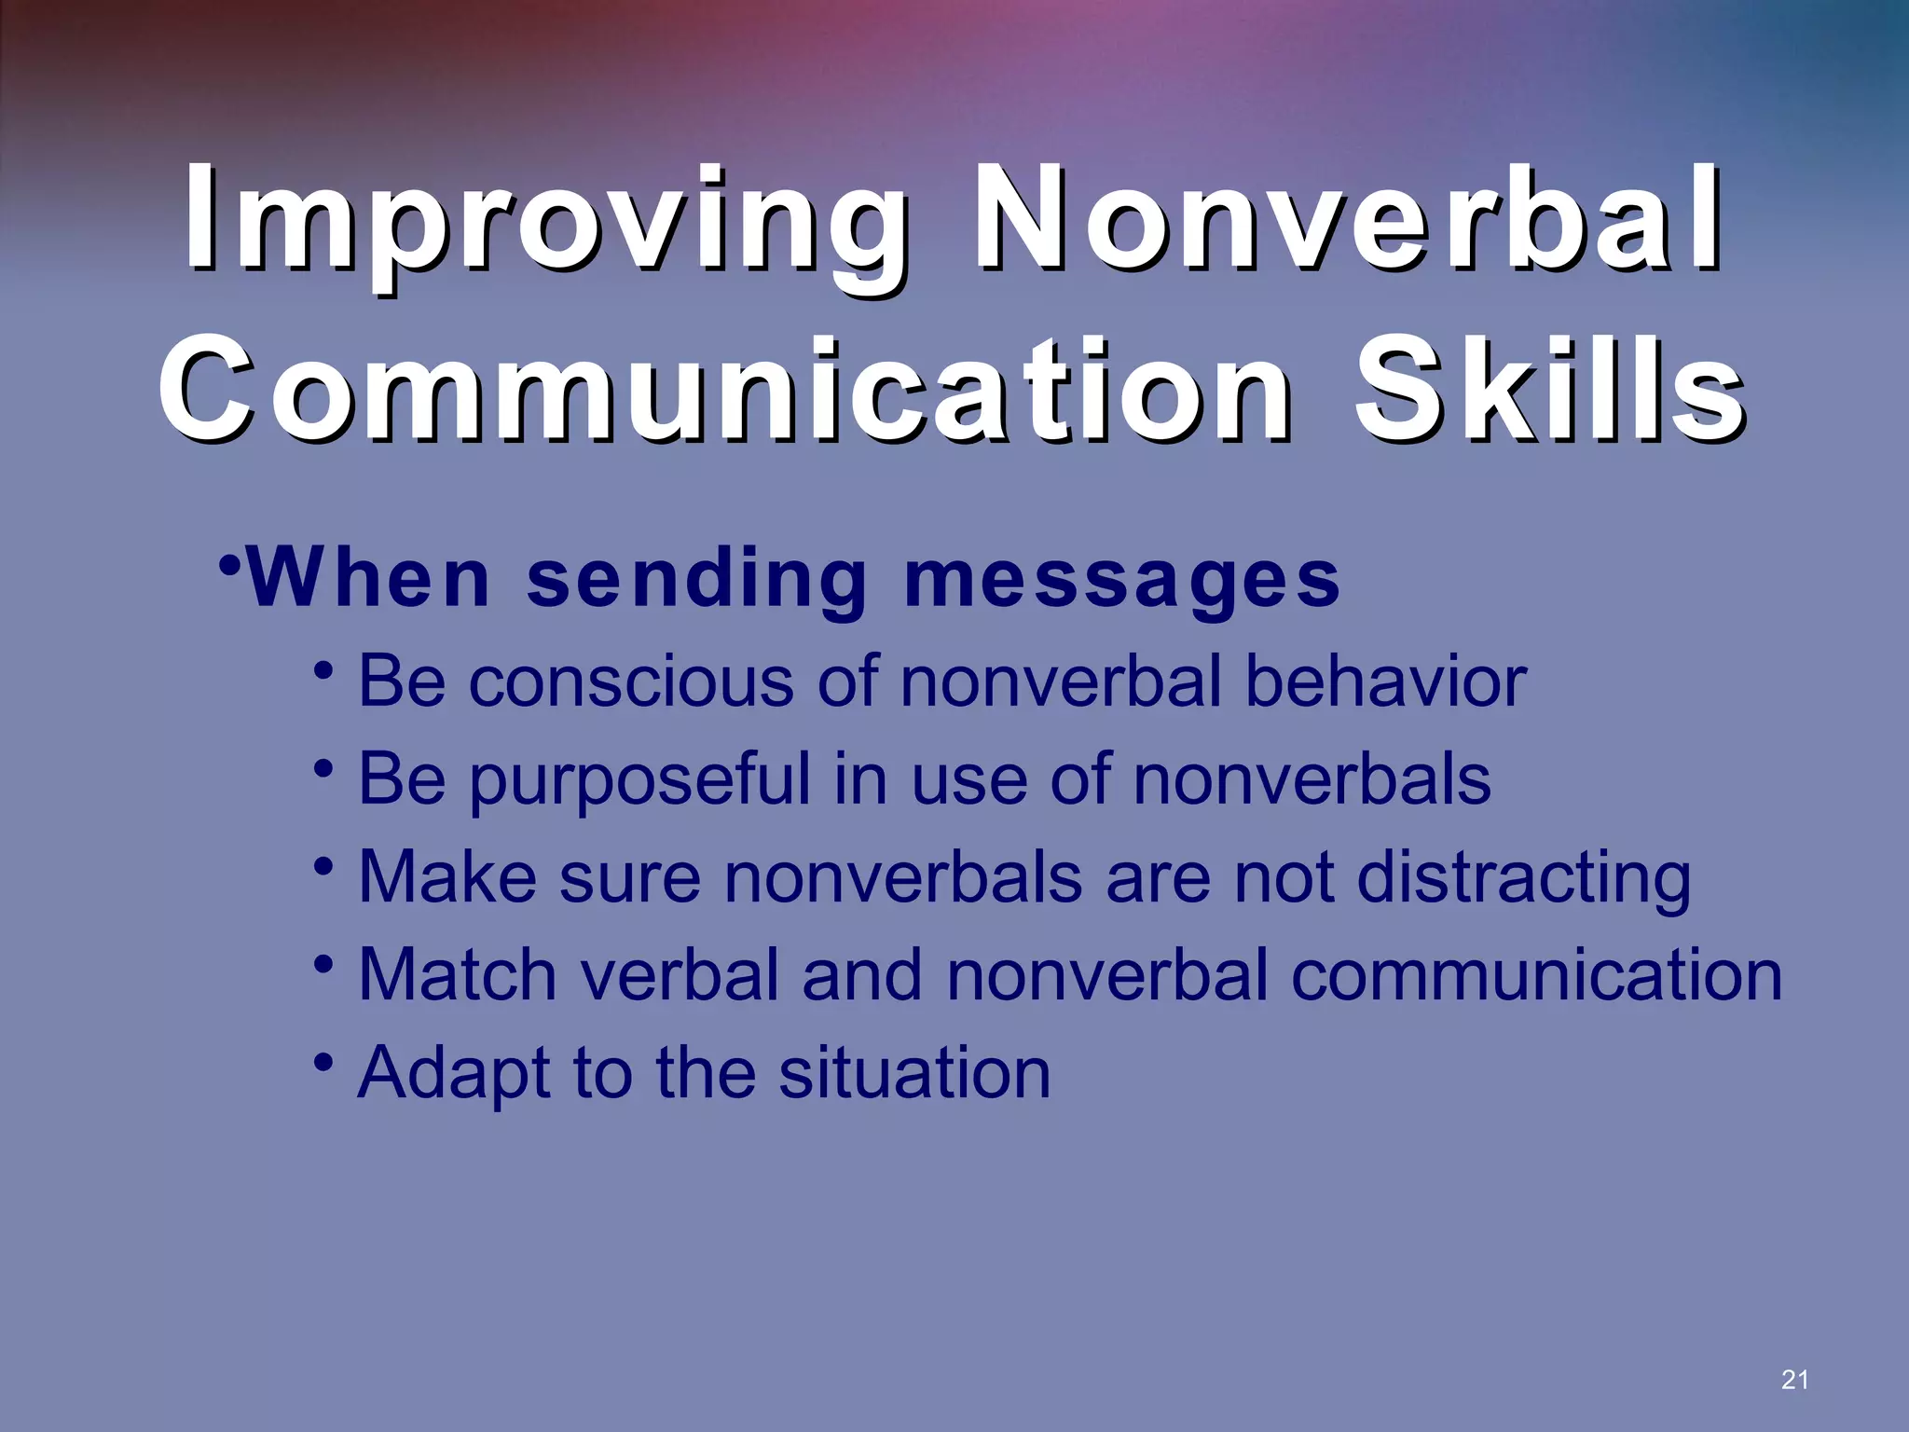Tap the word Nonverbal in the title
1346,221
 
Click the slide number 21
1793,1381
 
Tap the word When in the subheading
369,580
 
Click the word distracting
1523,879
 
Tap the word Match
457,975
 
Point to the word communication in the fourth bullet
1536,975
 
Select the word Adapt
453,1075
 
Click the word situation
914,1073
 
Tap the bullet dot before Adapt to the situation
323,1062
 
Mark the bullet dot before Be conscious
323,670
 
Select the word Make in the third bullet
447,877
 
